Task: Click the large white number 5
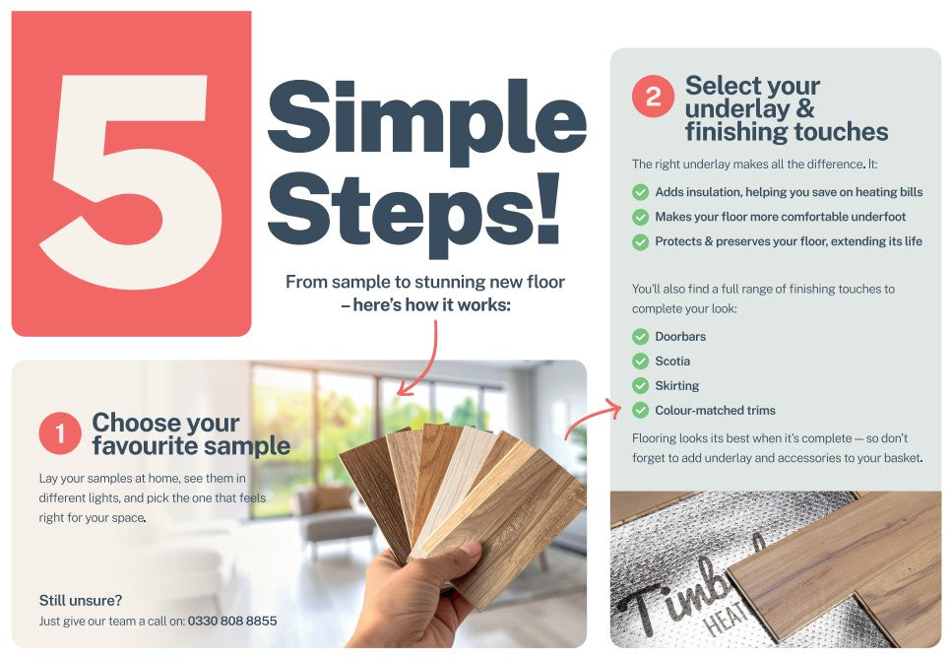tap(131, 182)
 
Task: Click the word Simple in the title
tap(427, 119)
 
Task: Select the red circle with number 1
tap(59, 433)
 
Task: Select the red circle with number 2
tap(653, 96)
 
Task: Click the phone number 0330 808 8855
tap(232, 621)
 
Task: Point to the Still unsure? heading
tap(80, 600)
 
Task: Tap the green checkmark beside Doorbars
tap(640, 337)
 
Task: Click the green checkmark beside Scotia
tap(640, 362)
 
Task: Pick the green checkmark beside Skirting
tap(640, 386)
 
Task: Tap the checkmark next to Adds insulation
tap(640, 193)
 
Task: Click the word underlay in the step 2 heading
tap(737, 109)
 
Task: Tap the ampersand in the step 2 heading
tap(805, 108)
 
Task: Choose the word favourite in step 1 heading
tap(138, 446)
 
